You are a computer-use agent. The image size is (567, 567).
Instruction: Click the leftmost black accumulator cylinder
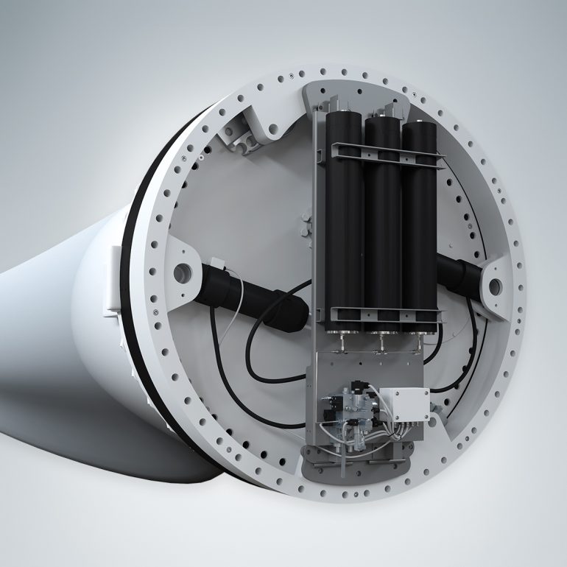[345, 221]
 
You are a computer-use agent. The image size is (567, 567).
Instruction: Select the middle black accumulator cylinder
[382, 221]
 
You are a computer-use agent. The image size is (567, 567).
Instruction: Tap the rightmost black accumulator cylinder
[419, 221]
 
